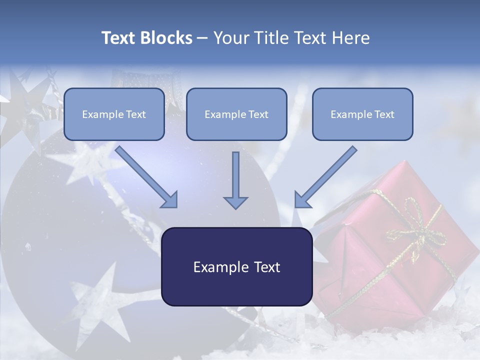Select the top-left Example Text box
[x=114, y=114]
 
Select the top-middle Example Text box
[x=236, y=114]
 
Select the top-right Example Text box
[x=362, y=114]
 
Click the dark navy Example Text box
[x=236, y=266]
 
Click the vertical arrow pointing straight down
[x=235, y=180]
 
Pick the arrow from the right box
[x=326, y=177]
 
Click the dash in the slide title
[x=202, y=38]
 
